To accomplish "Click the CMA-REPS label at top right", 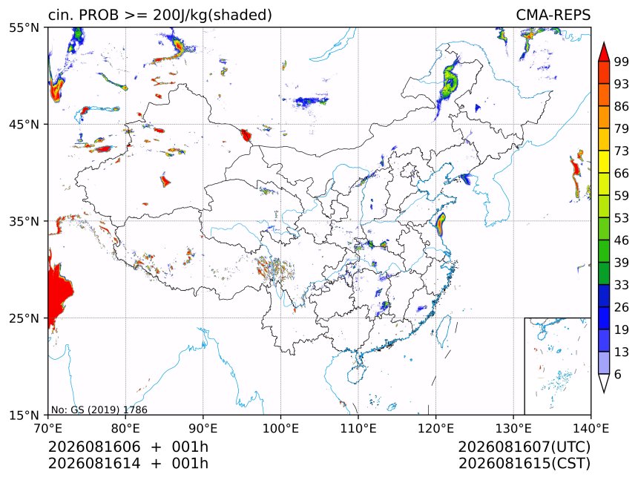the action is (x=553, y=15).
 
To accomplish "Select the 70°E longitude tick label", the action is (x=48, y=428).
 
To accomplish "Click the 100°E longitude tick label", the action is (x=280, y=428).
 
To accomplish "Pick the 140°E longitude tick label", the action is (x=591, y=428).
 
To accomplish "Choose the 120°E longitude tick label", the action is (x=435, y=428).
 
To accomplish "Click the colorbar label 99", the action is (x=622, y=62).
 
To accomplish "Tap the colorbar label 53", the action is (x=622, y=218).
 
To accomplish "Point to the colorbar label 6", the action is (x=618, y=374).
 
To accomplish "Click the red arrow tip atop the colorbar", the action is (x=604, y=42).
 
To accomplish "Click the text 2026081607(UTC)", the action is (x=524, y=447).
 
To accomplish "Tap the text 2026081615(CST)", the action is (x=524, y=464).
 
